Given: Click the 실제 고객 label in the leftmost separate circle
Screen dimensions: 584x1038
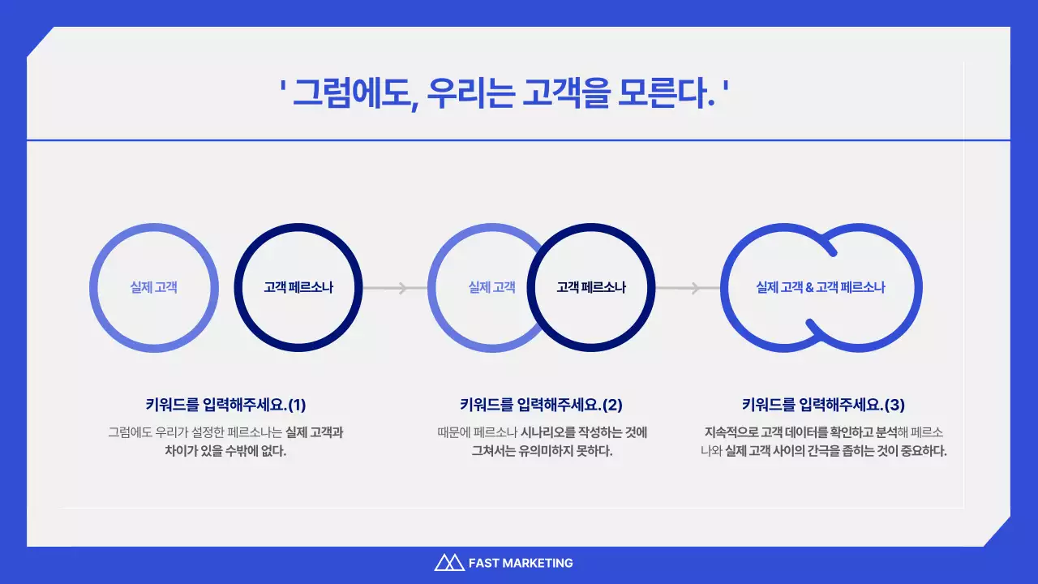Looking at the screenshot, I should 153,287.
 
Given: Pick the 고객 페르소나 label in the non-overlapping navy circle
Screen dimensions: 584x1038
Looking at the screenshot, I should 298,287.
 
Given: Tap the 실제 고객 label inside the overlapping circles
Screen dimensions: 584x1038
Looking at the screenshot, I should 491,287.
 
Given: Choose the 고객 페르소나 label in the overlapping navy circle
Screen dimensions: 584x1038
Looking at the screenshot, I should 591,287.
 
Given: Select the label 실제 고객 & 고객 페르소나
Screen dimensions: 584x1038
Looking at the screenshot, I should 821,287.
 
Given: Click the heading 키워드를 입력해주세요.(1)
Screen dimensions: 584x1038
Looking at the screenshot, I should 225,404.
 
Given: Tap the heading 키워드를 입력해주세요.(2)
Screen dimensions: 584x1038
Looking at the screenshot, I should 541,404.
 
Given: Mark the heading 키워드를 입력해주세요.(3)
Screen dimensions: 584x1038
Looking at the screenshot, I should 823,404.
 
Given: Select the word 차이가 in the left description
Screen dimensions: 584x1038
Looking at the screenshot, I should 181,452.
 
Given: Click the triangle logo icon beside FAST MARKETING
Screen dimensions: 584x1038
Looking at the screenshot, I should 448,562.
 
